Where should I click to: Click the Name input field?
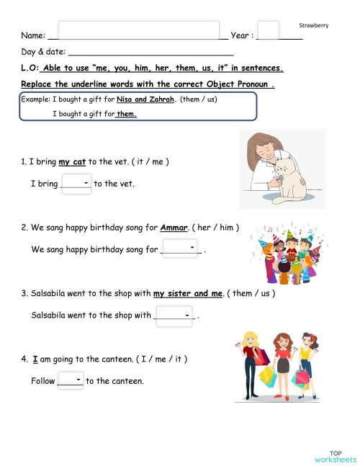[x=138, y=30]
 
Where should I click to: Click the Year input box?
[x=268, y=30]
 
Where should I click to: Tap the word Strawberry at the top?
[x=314, y=25]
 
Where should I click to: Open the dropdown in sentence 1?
[x=76, y=184]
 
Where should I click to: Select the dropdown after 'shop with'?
[x=175, y=315]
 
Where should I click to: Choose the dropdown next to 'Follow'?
[x=70, y=380]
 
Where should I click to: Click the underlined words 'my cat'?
[x=73, y=162]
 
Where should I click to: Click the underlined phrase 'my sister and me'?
[x=189, y=294]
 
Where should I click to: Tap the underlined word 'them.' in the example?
[x=127, y=114]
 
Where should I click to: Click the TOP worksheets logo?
[x=336, y=456]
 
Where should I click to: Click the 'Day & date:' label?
[x=43, y=52]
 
